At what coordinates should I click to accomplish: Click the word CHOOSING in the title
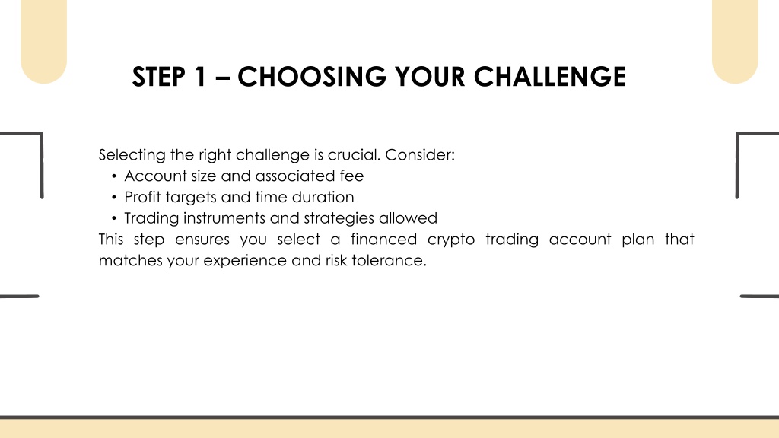(311, 77)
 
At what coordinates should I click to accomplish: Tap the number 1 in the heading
(200, 77)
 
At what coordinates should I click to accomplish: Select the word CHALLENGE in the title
(550, 77)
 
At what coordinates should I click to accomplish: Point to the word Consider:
(420, 155)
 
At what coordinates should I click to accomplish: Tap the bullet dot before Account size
(114, 176)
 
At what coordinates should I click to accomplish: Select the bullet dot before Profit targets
(114, 198)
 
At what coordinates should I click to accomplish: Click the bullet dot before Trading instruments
(114, 218)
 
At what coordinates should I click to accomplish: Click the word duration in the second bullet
(323, 197)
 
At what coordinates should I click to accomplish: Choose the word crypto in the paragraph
(451, 240)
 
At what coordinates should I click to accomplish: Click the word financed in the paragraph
(383, 240)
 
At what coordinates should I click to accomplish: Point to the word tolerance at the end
(389, 260)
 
